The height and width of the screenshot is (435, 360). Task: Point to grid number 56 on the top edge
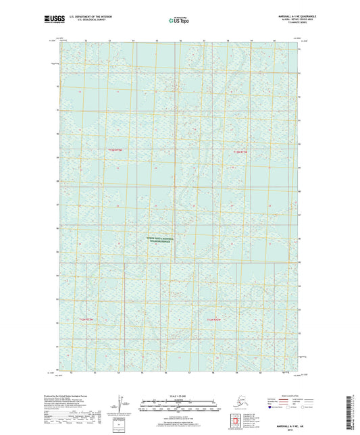pyautogui.click(x=180, y=41)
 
